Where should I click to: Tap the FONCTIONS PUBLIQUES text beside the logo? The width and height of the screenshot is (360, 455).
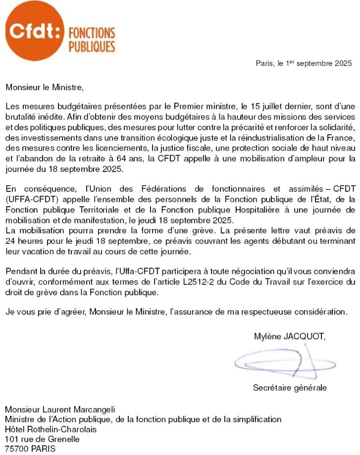tap(92, 40)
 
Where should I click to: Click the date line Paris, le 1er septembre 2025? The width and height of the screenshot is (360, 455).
tap(304, 63)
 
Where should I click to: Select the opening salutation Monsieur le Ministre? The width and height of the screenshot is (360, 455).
tap(42, 88)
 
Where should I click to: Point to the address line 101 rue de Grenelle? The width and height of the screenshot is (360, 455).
tap(42, 439)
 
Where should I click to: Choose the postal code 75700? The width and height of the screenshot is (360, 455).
tap(16, 449)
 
